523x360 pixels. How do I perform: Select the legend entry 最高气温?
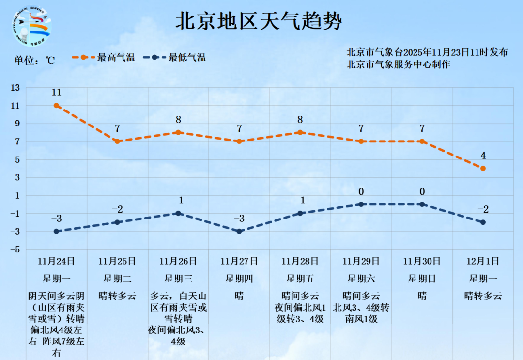pyautogui.click(x=104, y=57)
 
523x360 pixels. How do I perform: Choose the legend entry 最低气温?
pyautogui.click(x=175, y=57)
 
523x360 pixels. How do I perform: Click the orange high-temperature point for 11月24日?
pyautogui.click(x=56, y=105)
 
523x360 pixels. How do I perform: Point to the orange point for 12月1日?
pyautogui.click(x=483, y=168)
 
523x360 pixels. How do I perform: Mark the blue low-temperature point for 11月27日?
pyautogui.click(x=239, y=231)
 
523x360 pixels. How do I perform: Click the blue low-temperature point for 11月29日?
pyautogui.click(x=361, y=204)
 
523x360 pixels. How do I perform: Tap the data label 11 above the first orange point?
pyautogui.click(x=56, y=93)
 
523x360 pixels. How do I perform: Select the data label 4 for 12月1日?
pyautogui.click(x=483, y=156)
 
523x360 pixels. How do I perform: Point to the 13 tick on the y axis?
pyautogui.click(x=16, y=88)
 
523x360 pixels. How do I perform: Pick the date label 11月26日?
pyautogui.click(x=178, y=261)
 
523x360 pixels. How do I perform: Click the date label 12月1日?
pyautogui.click(x=483, y=261)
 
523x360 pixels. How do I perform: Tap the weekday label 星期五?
pyautogui.click(x=300, y=279)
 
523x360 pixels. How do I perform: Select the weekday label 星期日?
pyautogui.click(x=422, y=279)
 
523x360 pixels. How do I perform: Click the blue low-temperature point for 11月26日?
pyautogui.click(x=178, y=213)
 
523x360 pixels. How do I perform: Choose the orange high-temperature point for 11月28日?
pyautogui.click(x=300, y=132)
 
